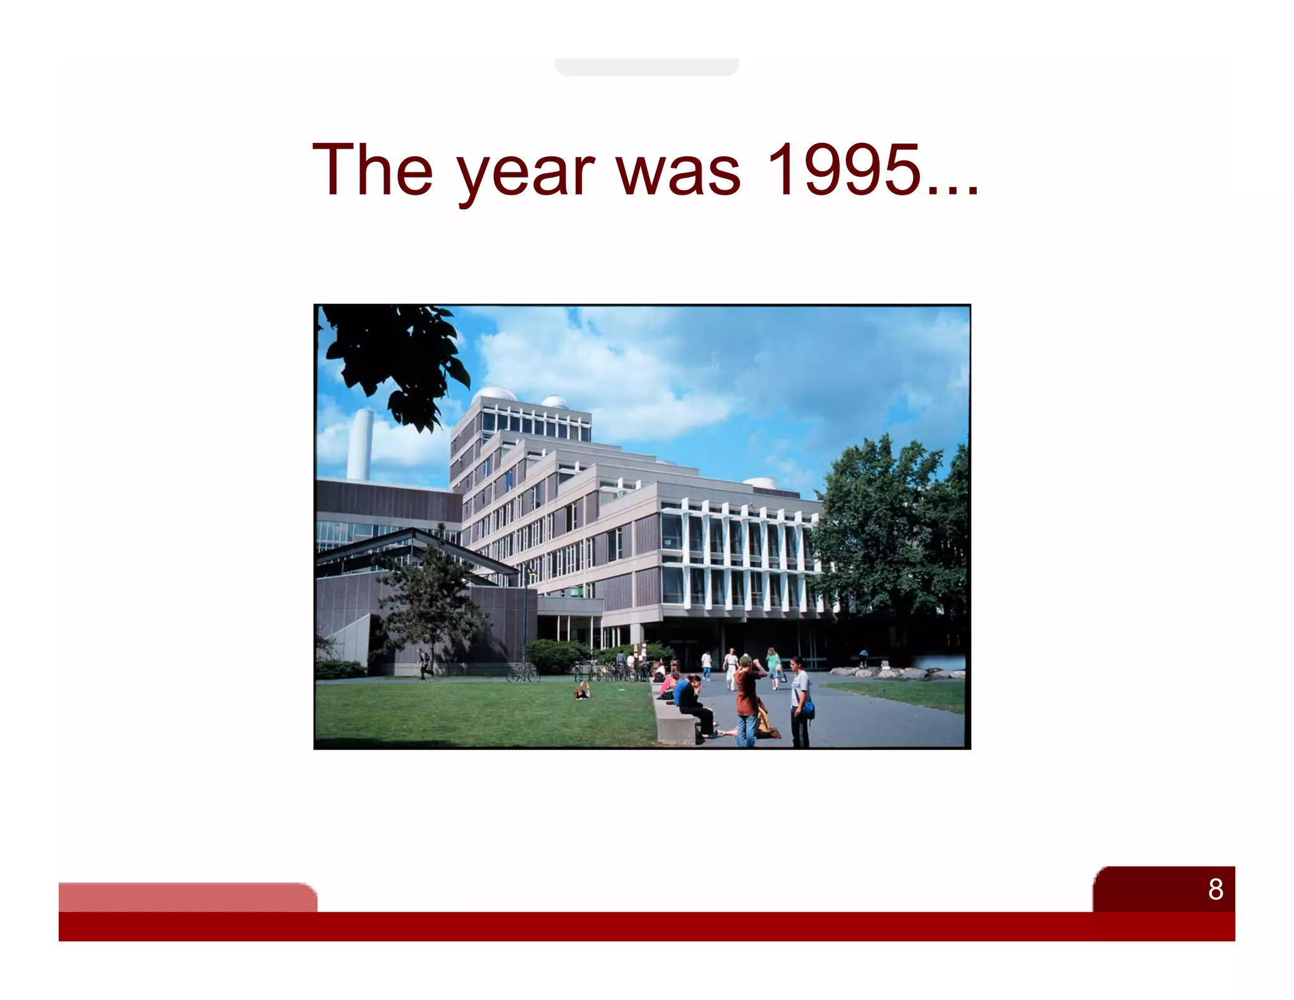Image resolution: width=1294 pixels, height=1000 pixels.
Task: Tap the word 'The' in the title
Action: (372, 169)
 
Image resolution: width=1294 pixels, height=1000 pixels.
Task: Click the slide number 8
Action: (1215, 889)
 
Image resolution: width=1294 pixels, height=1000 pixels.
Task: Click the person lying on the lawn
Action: (582, 693)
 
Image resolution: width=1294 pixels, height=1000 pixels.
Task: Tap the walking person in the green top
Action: (772, 666)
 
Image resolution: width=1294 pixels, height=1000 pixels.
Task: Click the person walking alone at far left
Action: (423, 664)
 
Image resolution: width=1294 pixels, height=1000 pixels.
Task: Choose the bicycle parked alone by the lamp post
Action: (523, 674)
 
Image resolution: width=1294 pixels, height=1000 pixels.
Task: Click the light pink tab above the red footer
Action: (187, 896)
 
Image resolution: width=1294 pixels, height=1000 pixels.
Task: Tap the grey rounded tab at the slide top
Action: (646, 67)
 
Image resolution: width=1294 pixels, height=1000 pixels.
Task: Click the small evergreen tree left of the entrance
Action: (430, 601)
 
